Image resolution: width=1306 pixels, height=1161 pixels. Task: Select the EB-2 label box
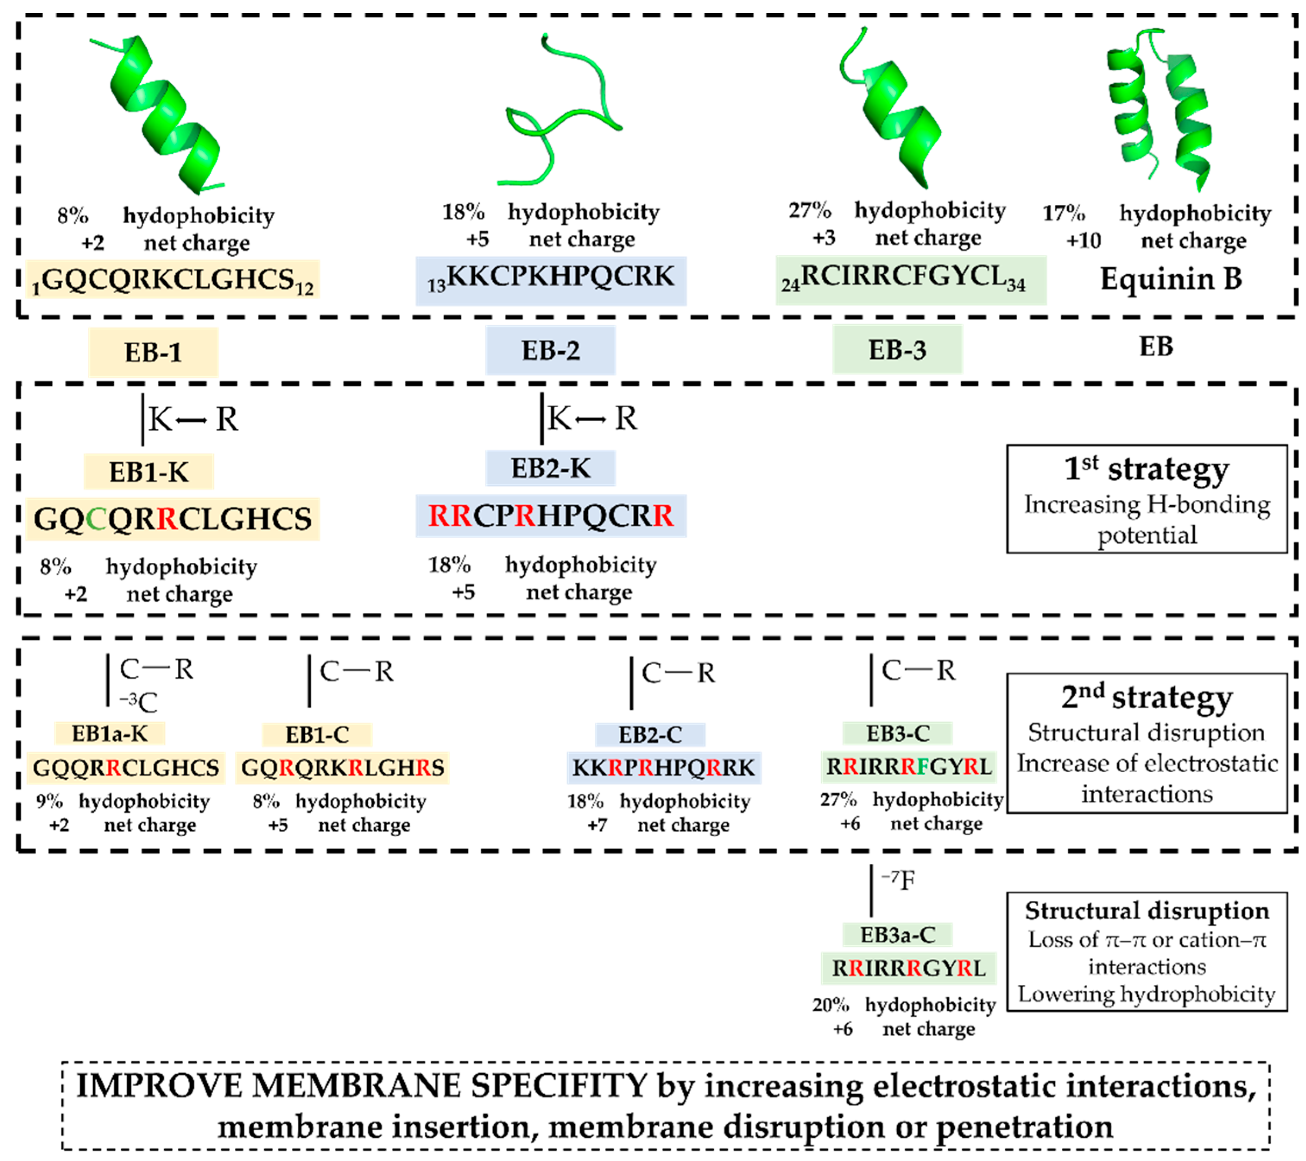pyautogui.click(x=550, y=350)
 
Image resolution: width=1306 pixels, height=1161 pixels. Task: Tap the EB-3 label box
pyautogui.click(x=897, y=350)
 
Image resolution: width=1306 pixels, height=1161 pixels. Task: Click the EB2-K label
pyautogui.click(x=550, y=469)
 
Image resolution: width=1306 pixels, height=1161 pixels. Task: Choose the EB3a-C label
pyautogui.click(x=897, y=935)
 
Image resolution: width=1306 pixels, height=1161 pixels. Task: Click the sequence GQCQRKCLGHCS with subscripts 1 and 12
pyautogui.click(x=173, y=280)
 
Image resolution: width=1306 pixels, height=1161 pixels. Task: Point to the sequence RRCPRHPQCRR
pyautogui.click(x=550, y=515)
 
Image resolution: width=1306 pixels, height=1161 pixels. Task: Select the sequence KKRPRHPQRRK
pyautogui.click(x=663, y=767)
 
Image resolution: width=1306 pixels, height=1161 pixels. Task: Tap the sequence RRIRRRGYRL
pyautogui.click(x=908, y=968)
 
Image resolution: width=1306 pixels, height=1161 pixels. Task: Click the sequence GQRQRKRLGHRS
pyautogui.click(x=343, y=767)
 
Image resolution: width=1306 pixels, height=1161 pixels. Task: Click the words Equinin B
pyautogui.click(x=1170, y=279)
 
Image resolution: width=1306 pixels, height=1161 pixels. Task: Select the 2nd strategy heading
pyautogui.click(x=1146, y=697)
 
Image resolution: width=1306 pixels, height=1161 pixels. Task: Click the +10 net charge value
pyautogui.click(x=1084, y=241)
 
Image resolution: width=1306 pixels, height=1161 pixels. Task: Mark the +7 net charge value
pyautogui.click(x=597, y=825)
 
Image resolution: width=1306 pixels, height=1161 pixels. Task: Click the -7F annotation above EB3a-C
pyautogui.click(x=898, y=880)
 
